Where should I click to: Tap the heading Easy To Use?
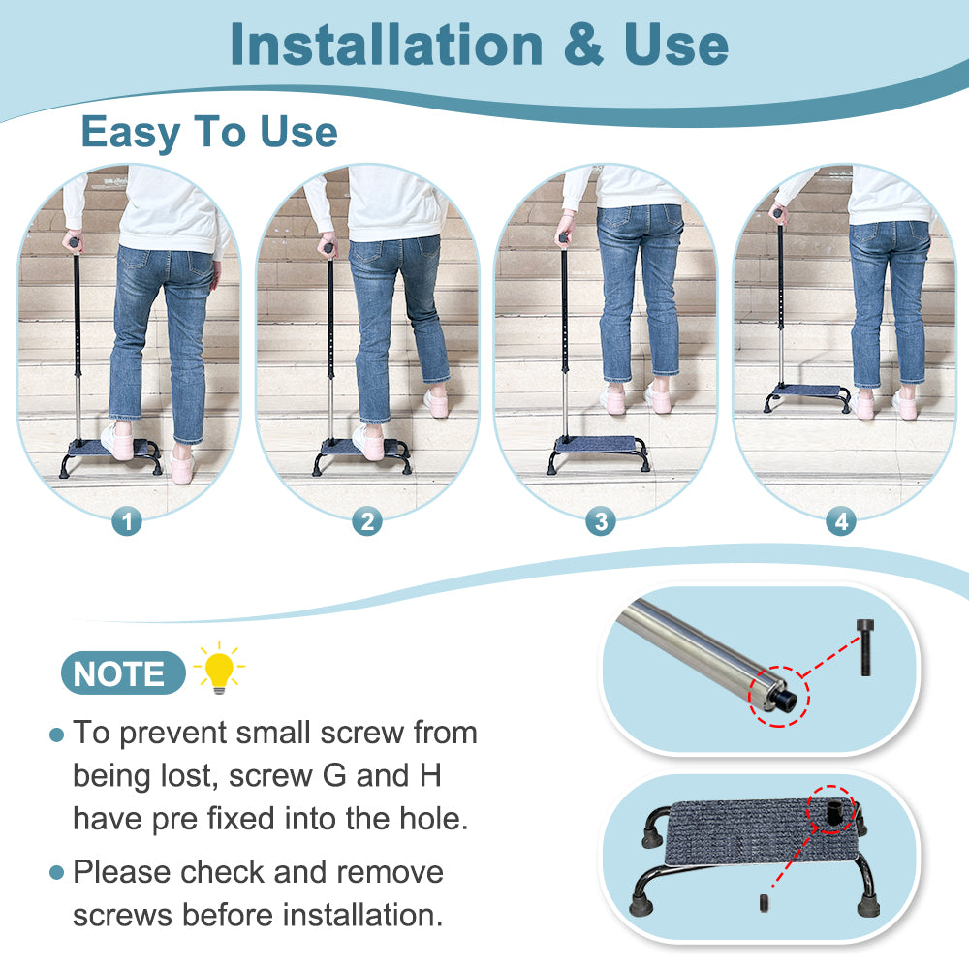click(209, 132)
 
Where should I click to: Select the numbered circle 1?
click(127, 522)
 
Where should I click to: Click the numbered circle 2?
click(365, 522)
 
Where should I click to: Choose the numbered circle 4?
click(840, 522)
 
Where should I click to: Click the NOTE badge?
click(120, 673)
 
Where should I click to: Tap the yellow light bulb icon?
click(218, 668)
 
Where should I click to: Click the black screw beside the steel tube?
click(864, 649)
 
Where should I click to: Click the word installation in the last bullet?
click(357, 915)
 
